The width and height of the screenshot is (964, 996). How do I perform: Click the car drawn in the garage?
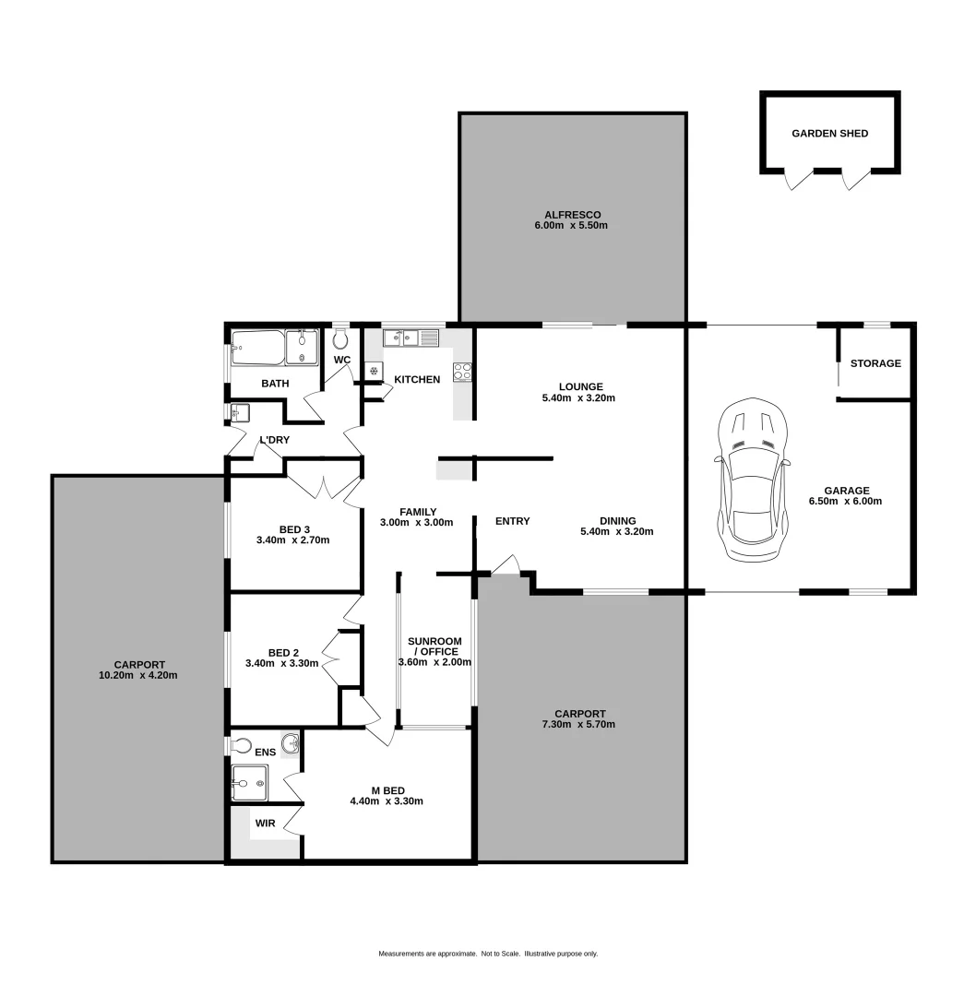click(752, 480)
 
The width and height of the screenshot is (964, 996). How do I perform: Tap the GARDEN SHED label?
click(829, 134)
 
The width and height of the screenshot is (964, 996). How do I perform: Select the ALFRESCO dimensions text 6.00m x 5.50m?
click(571, 225)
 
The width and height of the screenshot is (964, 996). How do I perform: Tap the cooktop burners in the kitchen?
click(462, 372)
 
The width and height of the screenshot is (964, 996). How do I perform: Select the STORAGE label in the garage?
click(875, 363)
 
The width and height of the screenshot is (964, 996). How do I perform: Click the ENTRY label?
click(512, 521)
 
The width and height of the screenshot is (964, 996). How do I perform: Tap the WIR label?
click(265, 823)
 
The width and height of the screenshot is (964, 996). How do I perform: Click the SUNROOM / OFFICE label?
click(434, 646)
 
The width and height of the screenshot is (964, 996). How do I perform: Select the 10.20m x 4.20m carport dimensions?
click(139, 675)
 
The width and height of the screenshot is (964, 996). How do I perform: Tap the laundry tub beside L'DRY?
click(240, 411)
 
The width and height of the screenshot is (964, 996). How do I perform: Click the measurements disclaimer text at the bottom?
click(488, 954)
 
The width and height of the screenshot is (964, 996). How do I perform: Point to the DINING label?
click(617, 520)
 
